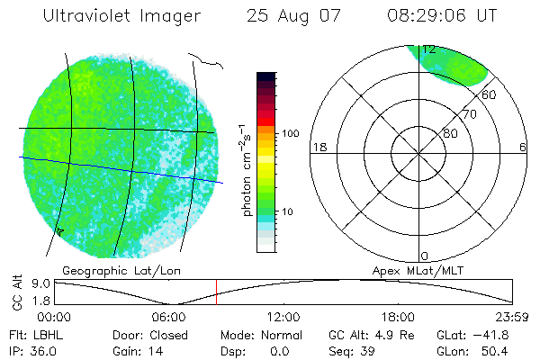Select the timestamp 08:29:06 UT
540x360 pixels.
(441, 16)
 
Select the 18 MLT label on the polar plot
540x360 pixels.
(318, 147)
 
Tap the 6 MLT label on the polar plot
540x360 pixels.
(523, 147)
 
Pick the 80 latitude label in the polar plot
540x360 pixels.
(450, 134)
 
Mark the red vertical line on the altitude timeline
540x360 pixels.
(216, 292)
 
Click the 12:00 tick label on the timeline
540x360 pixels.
(284, 317)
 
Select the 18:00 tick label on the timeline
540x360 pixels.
(399, 317)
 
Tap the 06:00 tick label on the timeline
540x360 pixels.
(169, 317)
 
